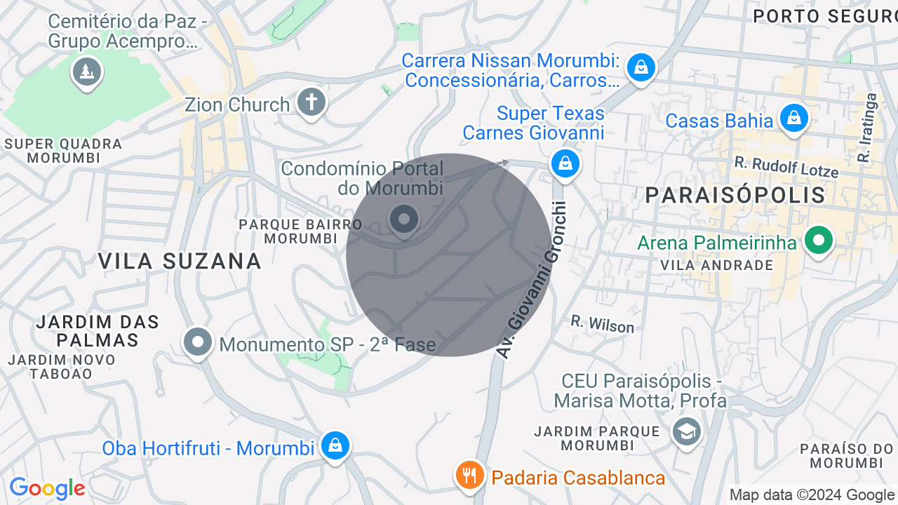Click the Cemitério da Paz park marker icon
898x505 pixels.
tap(87, 72)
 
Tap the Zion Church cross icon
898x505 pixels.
tap(311, 102)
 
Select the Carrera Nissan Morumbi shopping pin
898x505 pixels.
tap(641, 67)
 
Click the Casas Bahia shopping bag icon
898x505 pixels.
tap(794, 118)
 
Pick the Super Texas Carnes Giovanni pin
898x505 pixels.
tap(565, 164)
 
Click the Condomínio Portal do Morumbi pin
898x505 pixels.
tap(403, 220)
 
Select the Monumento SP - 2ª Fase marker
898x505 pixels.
tap(198, 342)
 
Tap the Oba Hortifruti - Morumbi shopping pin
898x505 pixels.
tap(335, 445)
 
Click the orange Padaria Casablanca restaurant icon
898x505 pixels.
tap(470, 476)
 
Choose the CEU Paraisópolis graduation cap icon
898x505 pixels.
tap(686, 431)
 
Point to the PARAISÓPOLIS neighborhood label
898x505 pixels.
tap(735, 195)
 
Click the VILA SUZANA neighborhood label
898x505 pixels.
tap(180, 261)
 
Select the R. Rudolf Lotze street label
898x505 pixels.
tap(786, 166)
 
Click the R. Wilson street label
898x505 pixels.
tap(602, 323)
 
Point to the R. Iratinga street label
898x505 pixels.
tap(867, 128)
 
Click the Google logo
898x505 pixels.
tap(47, 489)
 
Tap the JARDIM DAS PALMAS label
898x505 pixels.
tap(98, 331)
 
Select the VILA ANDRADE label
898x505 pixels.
tap(716, 265)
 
